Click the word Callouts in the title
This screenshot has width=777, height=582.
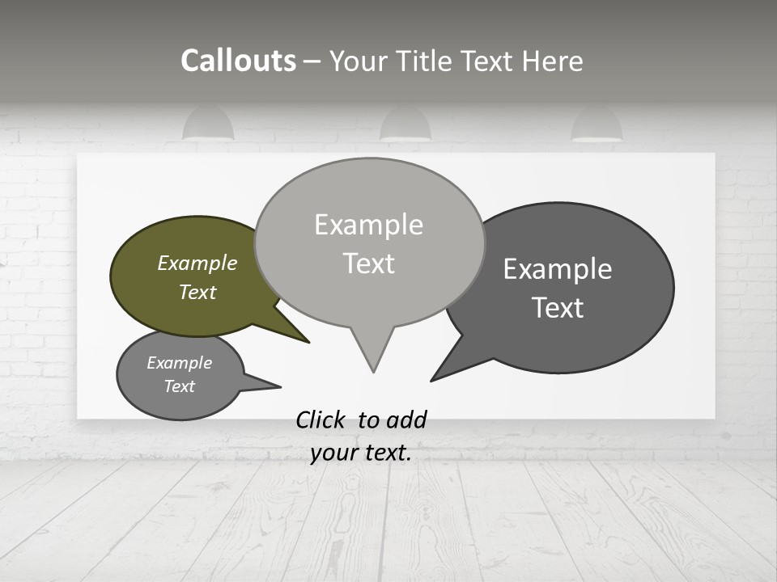click(238, 61)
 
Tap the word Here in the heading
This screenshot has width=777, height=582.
click(552, 61)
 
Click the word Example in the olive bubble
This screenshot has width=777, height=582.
click(197, 263)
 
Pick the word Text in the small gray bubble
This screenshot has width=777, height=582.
click(179, 386)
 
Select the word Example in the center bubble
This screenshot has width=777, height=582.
click(368, 225)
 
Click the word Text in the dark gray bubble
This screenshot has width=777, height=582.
click(558, 308)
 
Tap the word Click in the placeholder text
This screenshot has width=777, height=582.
click(323, 420)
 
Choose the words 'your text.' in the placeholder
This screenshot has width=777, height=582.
click(361, 453)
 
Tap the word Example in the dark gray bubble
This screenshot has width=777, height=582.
click(558, 269)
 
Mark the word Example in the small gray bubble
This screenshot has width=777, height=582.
click(179, 363)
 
